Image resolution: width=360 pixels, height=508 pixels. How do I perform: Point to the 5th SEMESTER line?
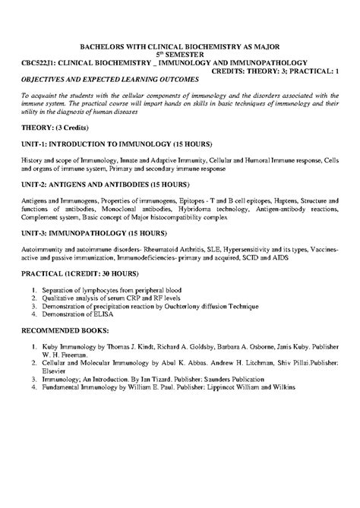click(180, 54)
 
